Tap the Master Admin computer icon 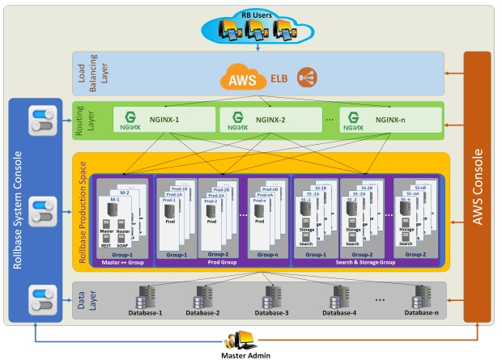click(x=248, y=339)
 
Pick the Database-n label click(x=422, y=312)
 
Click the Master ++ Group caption click(x=121, y=262)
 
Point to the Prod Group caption click(x=221, y=262)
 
